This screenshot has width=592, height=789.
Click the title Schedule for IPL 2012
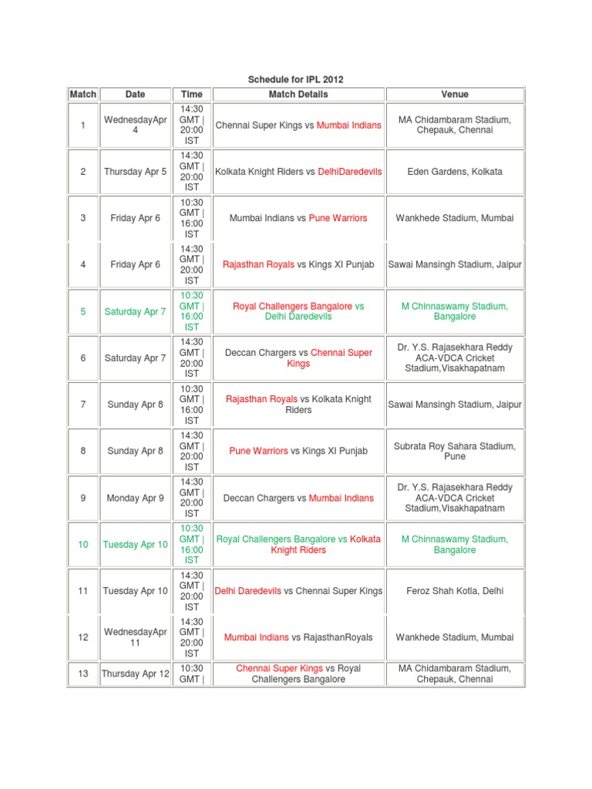coord(295,79)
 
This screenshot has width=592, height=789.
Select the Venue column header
coord(455,94)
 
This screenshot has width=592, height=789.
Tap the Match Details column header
coord(298,94)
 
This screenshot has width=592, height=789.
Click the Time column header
coord(192,94)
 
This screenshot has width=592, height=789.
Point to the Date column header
coord(135,94)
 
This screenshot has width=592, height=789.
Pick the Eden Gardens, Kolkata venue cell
coord(455,172)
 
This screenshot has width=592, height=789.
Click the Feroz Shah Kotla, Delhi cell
coord(455,591)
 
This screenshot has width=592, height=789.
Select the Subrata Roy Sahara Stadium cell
coord(455,452)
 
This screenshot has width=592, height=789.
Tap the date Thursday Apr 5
coord(135,172)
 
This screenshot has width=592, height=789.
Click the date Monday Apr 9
coord(135,499)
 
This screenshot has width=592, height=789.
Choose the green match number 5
coord(83,312)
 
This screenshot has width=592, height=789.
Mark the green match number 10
coord(83,545)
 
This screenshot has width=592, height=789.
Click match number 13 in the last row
coord(83,673)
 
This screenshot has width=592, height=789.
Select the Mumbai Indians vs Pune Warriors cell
coord(298,218)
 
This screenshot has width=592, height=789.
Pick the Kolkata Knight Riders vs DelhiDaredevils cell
coord(298,172)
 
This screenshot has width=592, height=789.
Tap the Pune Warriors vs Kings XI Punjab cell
coord(298,452)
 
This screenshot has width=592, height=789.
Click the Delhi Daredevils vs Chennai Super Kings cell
coord(298,591)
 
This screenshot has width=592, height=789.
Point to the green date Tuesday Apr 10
coord(135,545)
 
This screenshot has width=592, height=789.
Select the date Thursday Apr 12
coord(135,673)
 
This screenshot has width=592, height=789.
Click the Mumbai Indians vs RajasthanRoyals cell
coord(298,637)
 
